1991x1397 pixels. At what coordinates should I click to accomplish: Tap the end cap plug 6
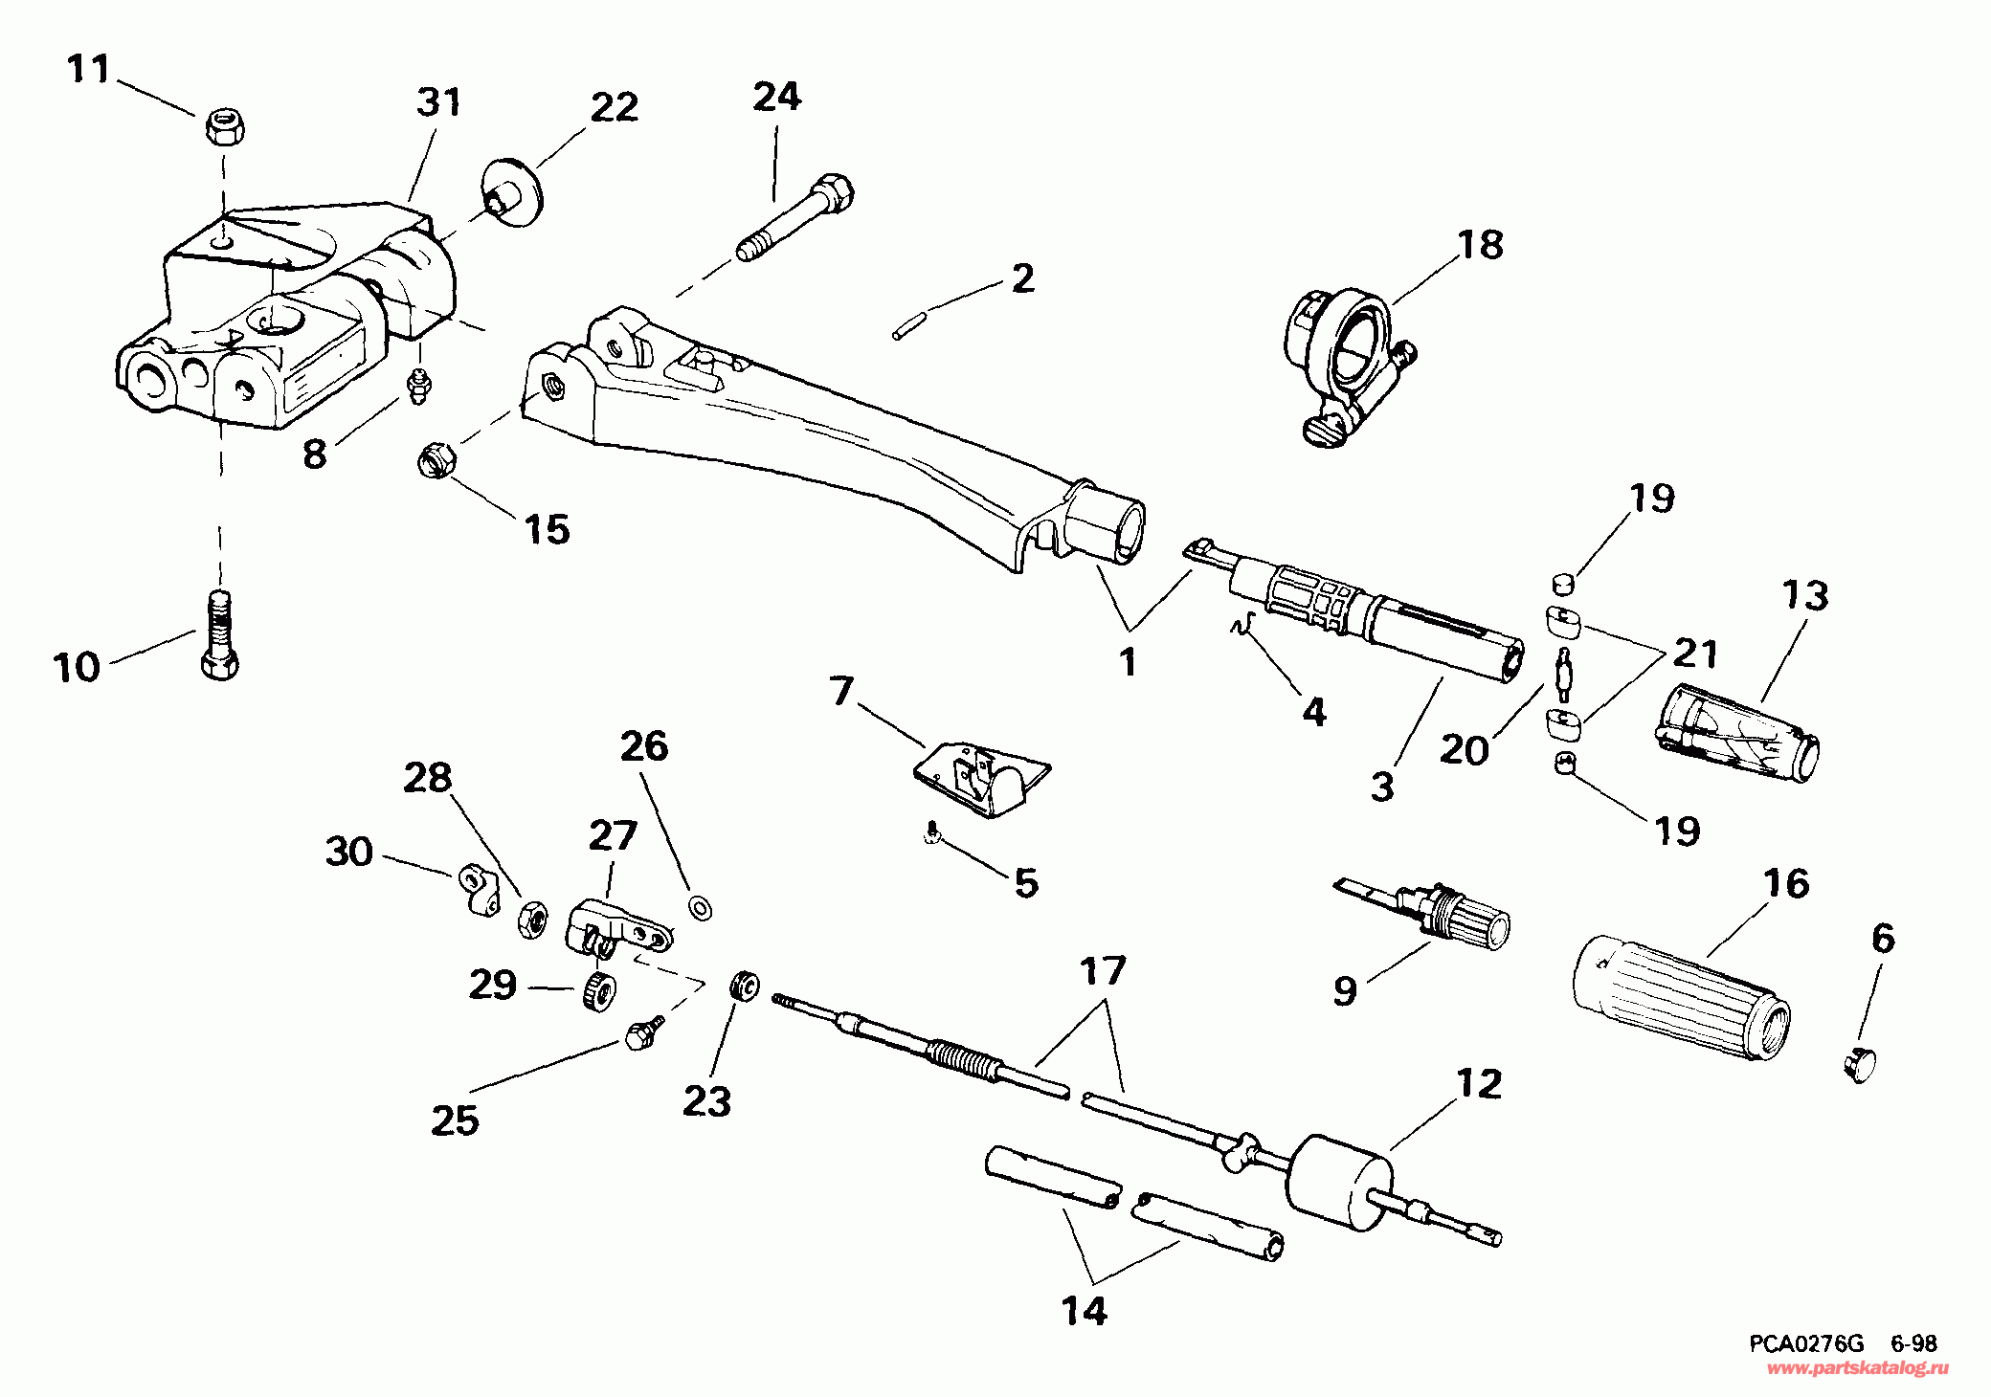coord(1858,1062)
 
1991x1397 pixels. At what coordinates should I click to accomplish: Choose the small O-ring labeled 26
coord(700,904)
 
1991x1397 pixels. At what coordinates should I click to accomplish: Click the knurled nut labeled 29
coord(597,989)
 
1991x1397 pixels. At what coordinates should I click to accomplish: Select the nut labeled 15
coord(436,460)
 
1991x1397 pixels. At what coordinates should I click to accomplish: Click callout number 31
coord(438,102)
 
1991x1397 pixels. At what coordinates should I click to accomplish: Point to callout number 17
coord(1103,972)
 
